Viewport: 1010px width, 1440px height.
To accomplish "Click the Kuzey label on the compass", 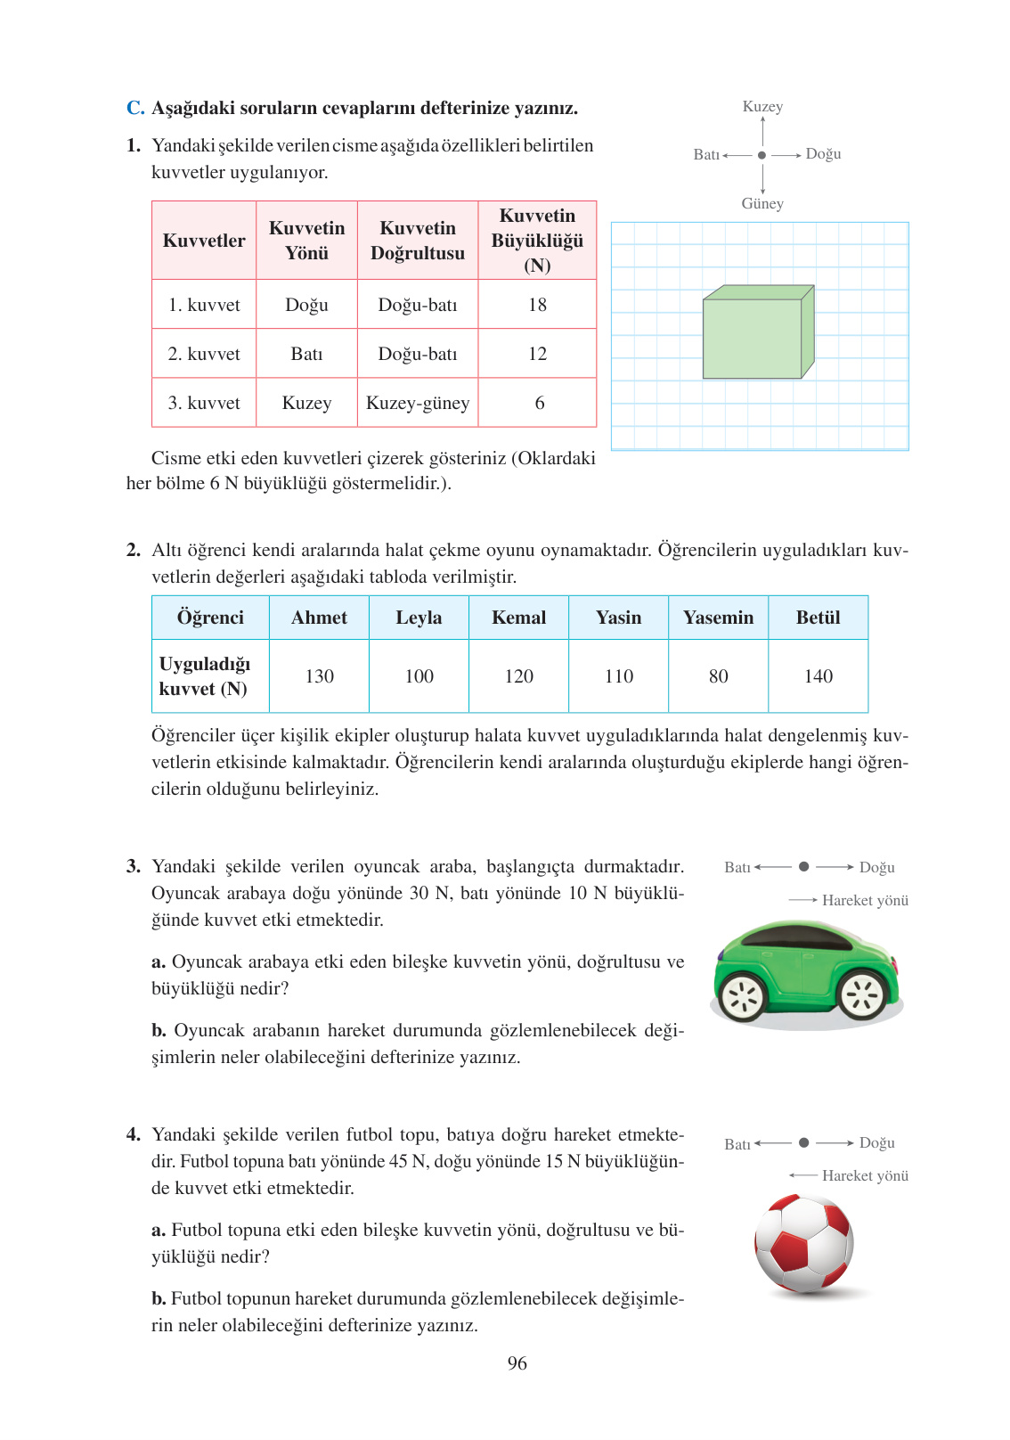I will (x=762, y=107).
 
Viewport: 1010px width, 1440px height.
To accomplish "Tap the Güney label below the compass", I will (x=762, y=204).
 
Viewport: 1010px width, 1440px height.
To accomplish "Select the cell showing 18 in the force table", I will (x=537, y=305).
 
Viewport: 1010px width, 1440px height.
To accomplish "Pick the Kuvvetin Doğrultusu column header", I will (x=417, y=241).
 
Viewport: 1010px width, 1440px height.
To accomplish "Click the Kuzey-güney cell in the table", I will (x=417, y=403).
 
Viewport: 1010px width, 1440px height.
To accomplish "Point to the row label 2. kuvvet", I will (x=204, y=354).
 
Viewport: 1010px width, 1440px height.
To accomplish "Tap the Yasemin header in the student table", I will (x=718, y=618).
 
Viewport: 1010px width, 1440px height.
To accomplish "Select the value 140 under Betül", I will (x=818, y=676).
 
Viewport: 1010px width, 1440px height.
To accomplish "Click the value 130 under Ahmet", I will (x=319, y=676).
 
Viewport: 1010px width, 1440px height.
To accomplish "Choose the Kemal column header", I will (x=518, y=618).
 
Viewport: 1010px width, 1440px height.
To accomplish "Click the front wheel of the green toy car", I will (x=863, y=995).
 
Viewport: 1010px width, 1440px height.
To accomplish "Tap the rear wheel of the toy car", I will (x=742, y=997).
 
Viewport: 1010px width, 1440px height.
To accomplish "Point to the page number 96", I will (x=517, y=1363).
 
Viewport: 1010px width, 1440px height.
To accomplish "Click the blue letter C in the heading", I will (x=134, y=108).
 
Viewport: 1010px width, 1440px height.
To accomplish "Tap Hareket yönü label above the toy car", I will (x=864, y=901).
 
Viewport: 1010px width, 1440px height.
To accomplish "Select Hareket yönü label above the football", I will (x=864, y=1176).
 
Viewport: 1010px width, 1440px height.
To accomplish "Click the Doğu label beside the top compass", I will (x=823, y=154).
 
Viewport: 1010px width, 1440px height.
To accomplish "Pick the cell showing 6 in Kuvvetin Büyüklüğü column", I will (x=539, y=403).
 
